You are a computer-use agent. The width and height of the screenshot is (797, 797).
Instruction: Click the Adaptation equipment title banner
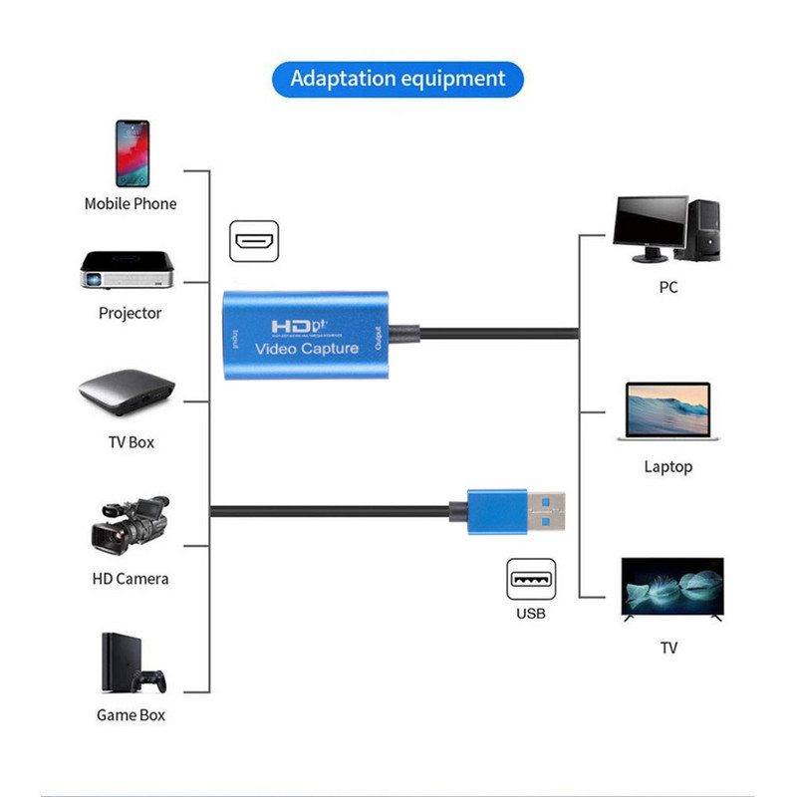coord(398,79)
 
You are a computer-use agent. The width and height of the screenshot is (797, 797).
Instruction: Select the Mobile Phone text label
coord(131,203)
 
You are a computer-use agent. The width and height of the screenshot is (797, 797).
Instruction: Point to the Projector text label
coord(130,313)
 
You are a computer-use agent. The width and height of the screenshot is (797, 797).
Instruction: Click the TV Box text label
coord(131,441)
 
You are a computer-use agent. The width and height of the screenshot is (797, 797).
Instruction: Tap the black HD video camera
coord(129,528)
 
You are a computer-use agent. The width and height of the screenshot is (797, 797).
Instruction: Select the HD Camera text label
coord(131,579)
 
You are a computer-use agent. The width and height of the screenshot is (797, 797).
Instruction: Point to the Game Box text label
coord(131,714)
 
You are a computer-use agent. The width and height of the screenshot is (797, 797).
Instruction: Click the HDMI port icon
coord(256,242)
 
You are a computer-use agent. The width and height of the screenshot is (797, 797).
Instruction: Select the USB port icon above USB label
coord(531,579)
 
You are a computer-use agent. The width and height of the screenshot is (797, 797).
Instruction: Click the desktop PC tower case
coord(705,228)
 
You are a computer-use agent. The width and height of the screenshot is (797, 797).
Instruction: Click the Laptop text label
coord(668,466)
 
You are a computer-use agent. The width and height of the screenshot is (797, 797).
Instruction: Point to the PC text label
coord(668,287)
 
